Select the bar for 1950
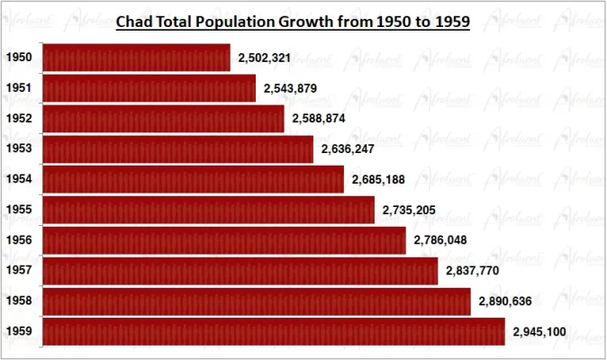(x=136, y=58)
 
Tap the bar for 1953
(x=177, y=148)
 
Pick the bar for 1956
(x=224, y=240)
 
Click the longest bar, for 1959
(x=274, y=332)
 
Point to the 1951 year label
(x=19, y=88)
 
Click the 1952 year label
(x=19, y=119)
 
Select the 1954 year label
(x=19, y=179)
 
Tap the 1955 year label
(x=19, y=210)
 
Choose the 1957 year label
(x=19, y=271)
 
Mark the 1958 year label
(x=19, y=301)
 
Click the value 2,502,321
(x=264, y=58)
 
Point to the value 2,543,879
(x=290, y=88)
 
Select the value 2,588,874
(x=319, y=119)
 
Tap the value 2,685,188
(x=378, y=179)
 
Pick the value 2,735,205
(x=409, y=210)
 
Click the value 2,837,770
(x=472, y=271)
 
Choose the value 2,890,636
(x=505, y=301)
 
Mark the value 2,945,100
(x=539, y=332)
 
